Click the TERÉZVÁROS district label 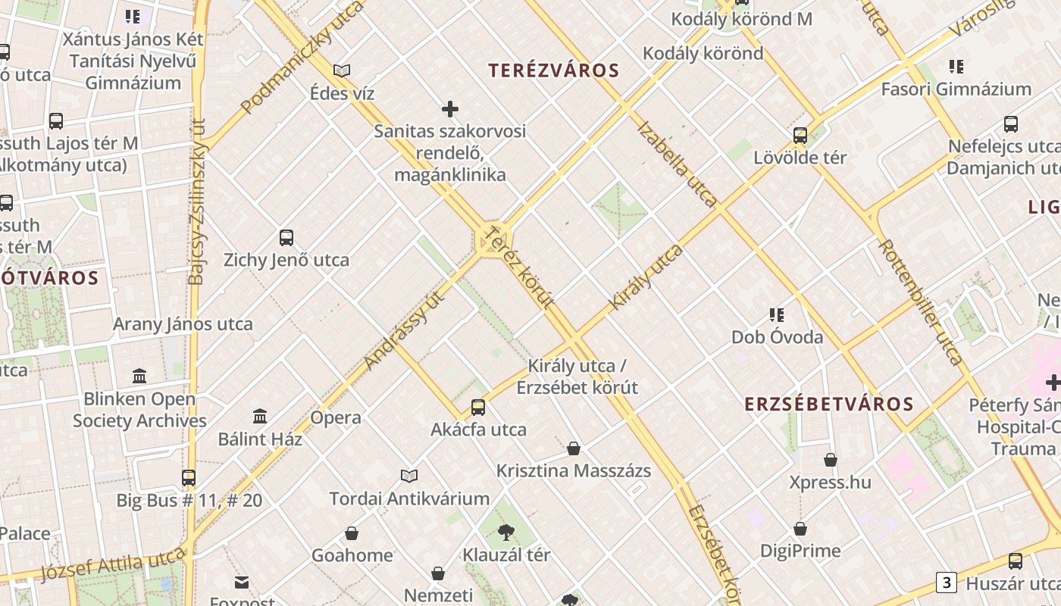554,70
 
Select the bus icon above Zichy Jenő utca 286,238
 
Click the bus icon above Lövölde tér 800,136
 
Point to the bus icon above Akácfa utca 478,408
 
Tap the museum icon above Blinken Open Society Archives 139,376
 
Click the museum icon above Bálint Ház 260,416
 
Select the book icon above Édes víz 342,71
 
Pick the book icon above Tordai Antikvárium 409,476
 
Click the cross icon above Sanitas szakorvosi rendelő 450,109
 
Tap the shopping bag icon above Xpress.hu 831,460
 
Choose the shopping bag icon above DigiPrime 800,529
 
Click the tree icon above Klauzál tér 506,533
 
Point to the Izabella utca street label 678,164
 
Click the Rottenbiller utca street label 921,303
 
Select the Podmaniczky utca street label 302,57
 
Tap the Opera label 336,417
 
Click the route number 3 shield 946,583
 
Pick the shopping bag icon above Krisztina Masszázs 574,448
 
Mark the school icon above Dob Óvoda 777,314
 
